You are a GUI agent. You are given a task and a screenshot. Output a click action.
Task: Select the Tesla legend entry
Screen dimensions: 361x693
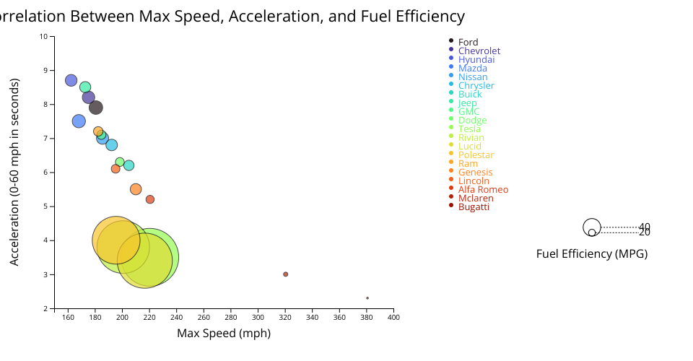474,129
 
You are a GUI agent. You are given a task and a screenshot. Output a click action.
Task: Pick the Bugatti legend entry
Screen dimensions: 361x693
474,207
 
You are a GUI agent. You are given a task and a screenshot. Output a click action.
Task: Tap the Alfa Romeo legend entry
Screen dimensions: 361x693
483,190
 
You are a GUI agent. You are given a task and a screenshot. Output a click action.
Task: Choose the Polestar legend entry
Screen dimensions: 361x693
476,155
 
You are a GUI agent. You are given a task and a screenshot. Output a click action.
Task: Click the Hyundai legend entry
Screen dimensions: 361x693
476,60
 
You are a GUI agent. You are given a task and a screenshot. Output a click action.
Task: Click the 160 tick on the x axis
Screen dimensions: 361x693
69,316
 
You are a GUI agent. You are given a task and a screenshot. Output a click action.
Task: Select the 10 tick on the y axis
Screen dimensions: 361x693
44,36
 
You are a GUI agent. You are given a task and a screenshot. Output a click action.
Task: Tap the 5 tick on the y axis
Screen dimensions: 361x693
46,206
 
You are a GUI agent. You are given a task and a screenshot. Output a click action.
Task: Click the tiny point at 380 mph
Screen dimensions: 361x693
367,297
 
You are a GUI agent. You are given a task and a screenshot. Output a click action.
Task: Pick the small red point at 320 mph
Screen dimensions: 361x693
286,274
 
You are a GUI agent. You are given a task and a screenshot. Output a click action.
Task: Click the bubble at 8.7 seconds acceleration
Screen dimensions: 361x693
71,80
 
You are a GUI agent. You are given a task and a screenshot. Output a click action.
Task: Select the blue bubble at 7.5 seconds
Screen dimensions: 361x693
79,121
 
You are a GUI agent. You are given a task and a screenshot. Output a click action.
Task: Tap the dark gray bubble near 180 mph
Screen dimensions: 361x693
95,108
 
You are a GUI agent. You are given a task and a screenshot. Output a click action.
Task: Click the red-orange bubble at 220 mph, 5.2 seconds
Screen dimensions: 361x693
150,199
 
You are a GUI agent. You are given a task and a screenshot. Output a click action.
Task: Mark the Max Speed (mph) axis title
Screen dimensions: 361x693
224,333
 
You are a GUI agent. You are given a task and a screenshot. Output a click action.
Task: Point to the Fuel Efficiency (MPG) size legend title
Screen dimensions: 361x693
592,254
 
